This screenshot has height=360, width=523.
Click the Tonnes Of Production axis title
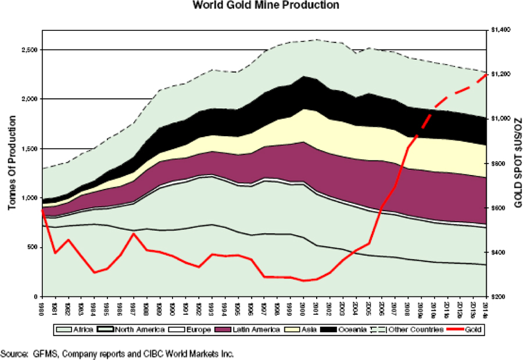(x=13, y=167)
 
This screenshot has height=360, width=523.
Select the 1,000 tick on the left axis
(x=27, y=198)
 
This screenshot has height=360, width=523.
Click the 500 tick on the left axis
(x=32, y=248)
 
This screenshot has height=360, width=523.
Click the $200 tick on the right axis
(x=497, y=297)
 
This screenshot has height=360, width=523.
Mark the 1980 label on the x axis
(x=42, y=308)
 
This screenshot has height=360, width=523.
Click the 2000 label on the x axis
(x=303, y=308)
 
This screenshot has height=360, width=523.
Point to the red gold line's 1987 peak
(x=134, y=233)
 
